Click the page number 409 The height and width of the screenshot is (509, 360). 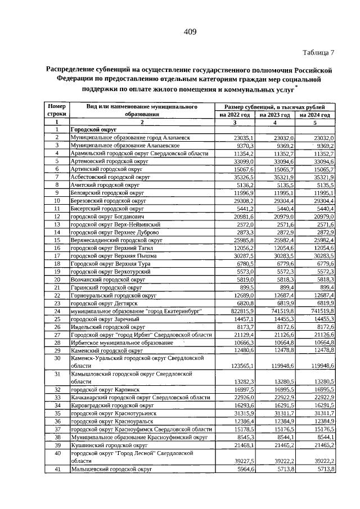(x=190, y=33)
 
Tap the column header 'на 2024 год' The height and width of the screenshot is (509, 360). (x=317, y=114)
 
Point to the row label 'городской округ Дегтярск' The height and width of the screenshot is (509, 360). (x=105, y=303)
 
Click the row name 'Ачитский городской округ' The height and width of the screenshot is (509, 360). (x=105, y=184)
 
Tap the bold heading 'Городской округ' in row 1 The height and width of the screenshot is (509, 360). (x=90, y=129)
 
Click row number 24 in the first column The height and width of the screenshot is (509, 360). (x=57, y=311)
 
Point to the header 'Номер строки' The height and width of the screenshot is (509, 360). (x=57, y=110)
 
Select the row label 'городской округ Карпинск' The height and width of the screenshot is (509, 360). (x=105, y=389)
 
